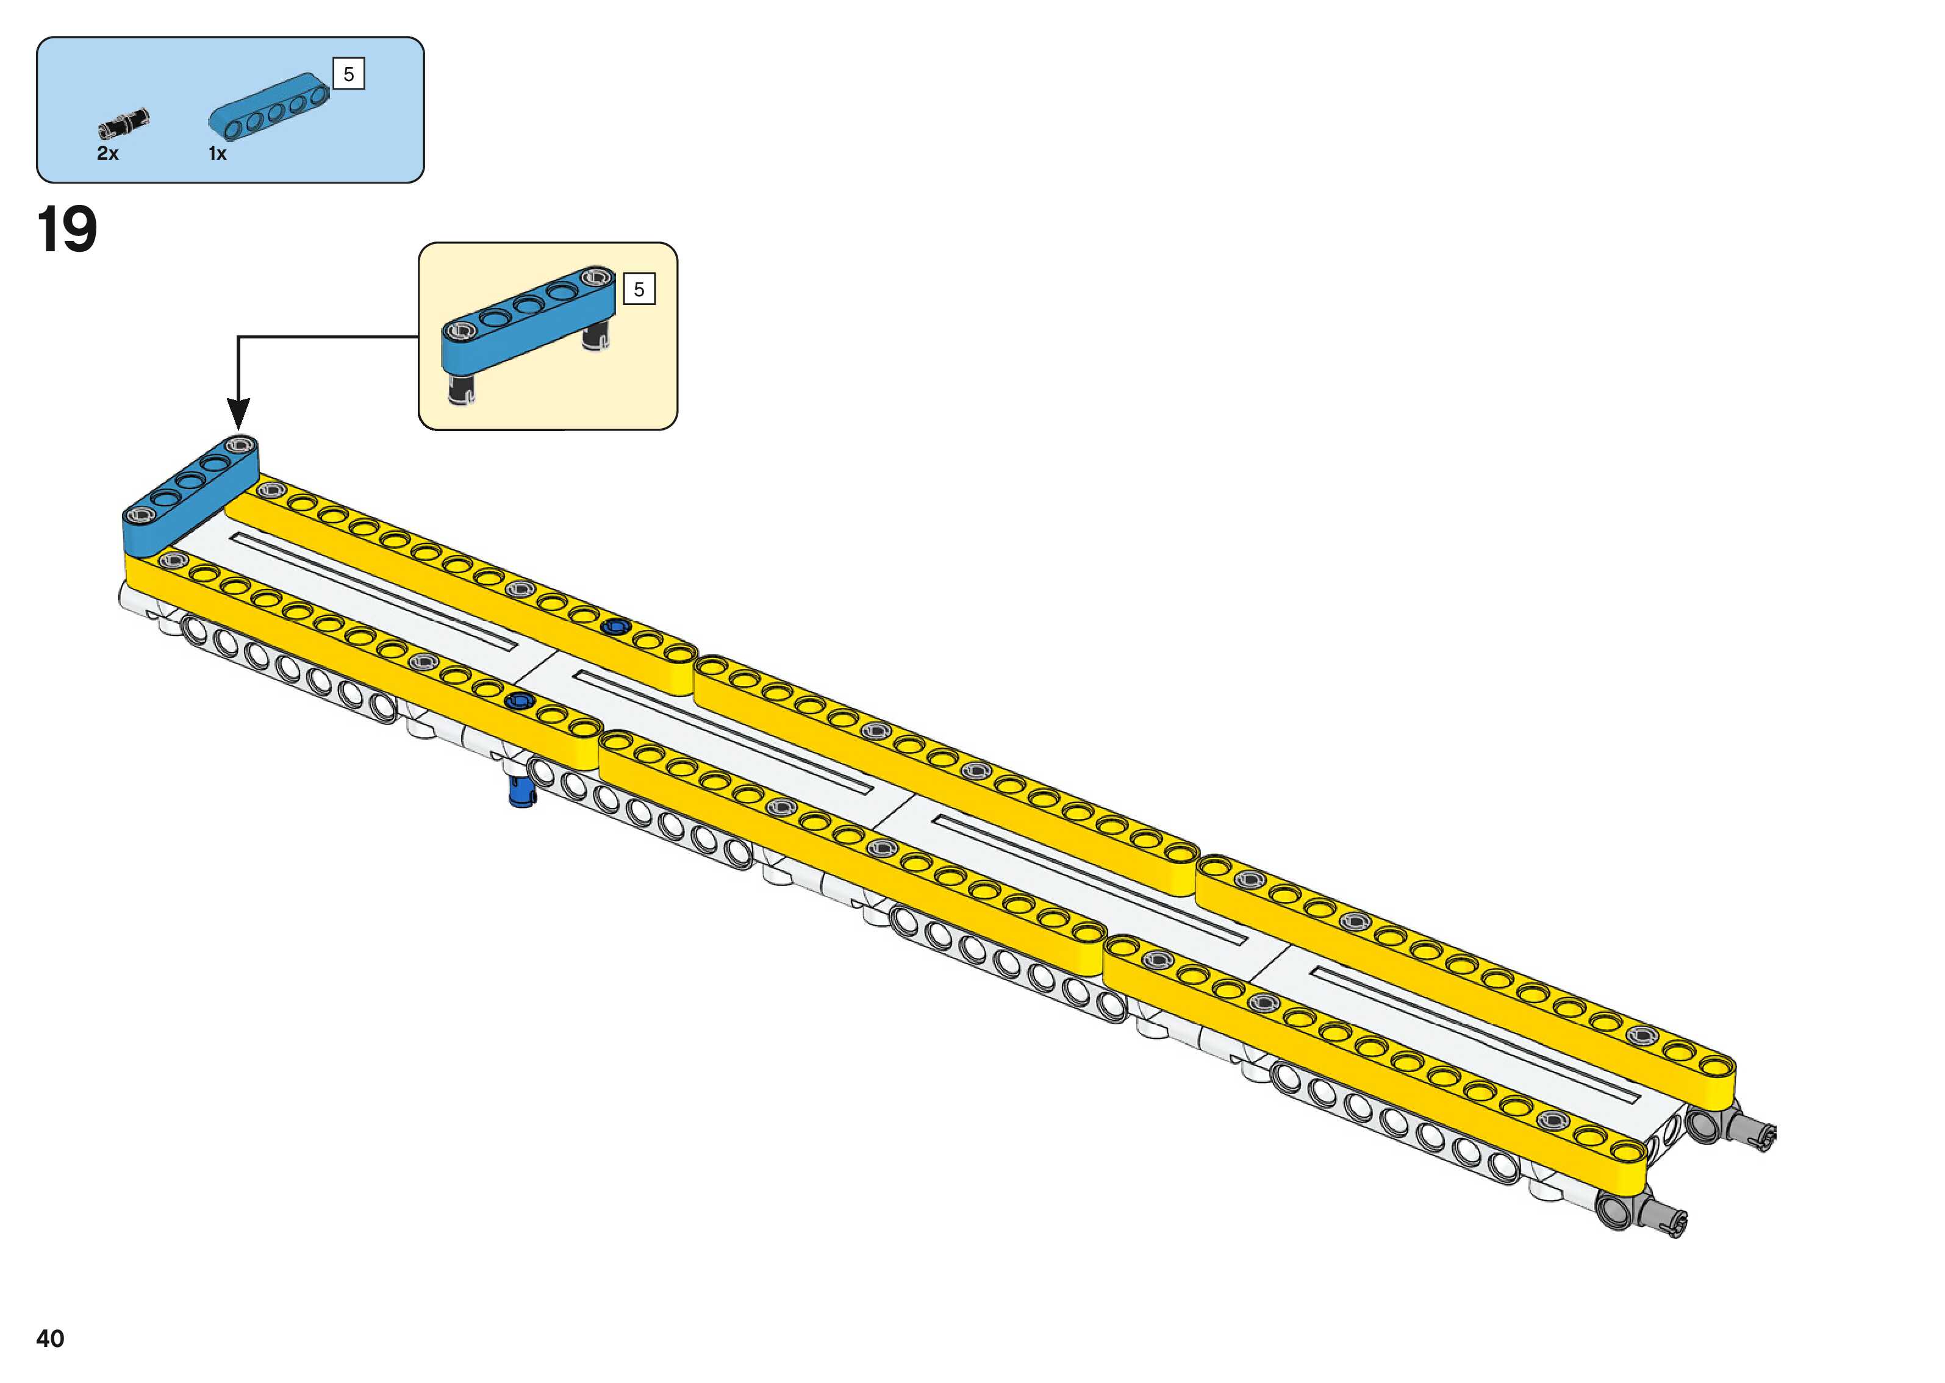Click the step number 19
[66, 230]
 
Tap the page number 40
[50, 1338]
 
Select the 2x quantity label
[107, 153]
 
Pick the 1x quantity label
[217, 153]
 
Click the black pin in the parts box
[123, 123]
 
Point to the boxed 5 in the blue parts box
[348, 74]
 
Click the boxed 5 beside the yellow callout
[639, 290]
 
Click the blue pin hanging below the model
[520, 792]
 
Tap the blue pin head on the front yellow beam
[518, 701]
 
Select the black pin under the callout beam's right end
[595, 337]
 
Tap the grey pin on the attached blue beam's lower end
[139, 515]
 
